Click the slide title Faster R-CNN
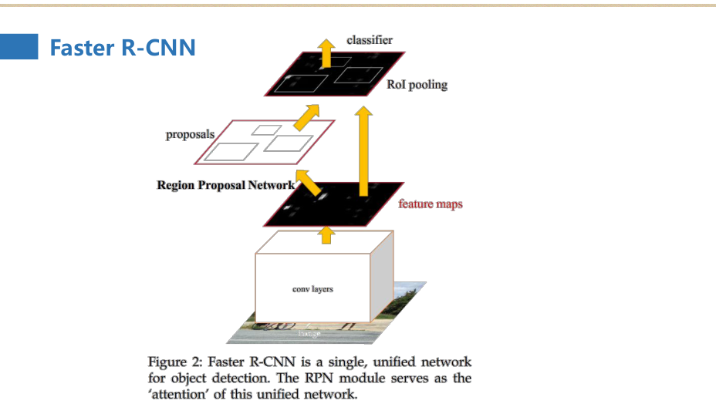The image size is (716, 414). (123, 48)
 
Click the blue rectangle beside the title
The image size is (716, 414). (19, 46)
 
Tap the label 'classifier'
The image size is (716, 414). (370, 39)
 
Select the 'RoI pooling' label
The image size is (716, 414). (417, 85)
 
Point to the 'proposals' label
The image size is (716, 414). (190, 135)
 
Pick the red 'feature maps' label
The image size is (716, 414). (430, 205)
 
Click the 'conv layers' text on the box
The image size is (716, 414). (312, 289)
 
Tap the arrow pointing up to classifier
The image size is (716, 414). (326, 51)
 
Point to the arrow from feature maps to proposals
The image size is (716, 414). (310, 183)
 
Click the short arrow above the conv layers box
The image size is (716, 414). (326, 235)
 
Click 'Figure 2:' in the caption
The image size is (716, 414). (171, 362)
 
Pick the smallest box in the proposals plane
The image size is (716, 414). (267, 130)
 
